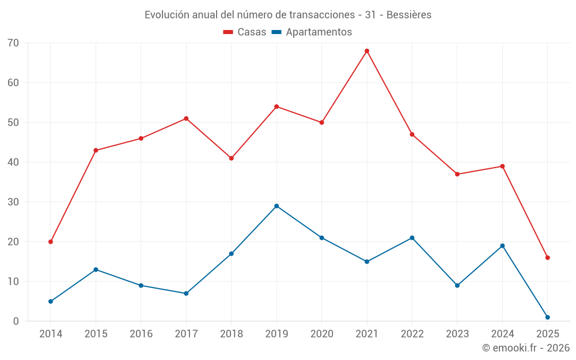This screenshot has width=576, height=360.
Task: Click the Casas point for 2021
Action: pyautogui.click(x=367, y=51)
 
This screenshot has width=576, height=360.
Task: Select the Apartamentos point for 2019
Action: pyautogui.click(x=276, y=206)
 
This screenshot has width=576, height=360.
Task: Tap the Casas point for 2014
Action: pyautogui.click(x=51, y=242)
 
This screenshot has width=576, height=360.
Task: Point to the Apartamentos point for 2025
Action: pyautogui.click(x=547, y=317)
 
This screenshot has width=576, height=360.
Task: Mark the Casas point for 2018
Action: pyautogui.click(x=232, y=158)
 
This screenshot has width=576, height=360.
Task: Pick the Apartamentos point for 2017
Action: pyautogui.click(x=186, y=293)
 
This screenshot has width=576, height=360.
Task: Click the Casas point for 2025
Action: pyautogui.click(x=547, y=257)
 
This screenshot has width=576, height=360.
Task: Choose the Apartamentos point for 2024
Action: pyautogui.click(x=502, y=246)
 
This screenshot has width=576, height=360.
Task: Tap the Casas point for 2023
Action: pyautogui.click(x=457, y=174)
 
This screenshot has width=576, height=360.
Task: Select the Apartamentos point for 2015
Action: pyautogui.click(x=96, y=270)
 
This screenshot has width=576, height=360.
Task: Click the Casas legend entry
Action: pyautogui.click(x=245, y=32)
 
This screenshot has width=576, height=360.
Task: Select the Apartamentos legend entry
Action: pyautogui.click(x=312, y=32)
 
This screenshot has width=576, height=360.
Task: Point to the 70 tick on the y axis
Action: pyautogui.click(x=13, y=43)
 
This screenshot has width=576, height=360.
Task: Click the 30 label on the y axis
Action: pyautogui.click(x=13, y=202)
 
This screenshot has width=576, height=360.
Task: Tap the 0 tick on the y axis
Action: pyautogui.click(x=16, y=321)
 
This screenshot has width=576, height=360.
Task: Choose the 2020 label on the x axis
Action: pyautogui.click(x=321, y=334)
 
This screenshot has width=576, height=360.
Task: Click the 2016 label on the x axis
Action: pyautogui.click(x=141, y=334)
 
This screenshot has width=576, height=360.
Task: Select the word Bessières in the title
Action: pyautogui.click(x=409, y=15)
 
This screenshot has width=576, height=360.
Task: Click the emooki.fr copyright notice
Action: pyautogui.click(x=526, y=348)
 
